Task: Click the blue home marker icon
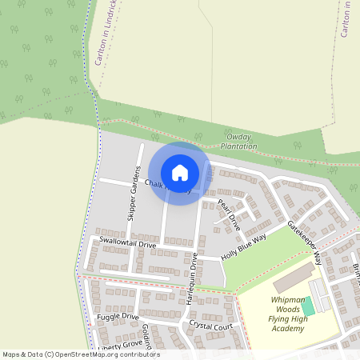pos(180,172)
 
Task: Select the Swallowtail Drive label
pos(125,241)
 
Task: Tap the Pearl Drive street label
pos(229,214)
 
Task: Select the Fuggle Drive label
pos(118,317)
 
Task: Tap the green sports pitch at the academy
pos(308,306)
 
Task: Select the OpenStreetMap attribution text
pos(81,354)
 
